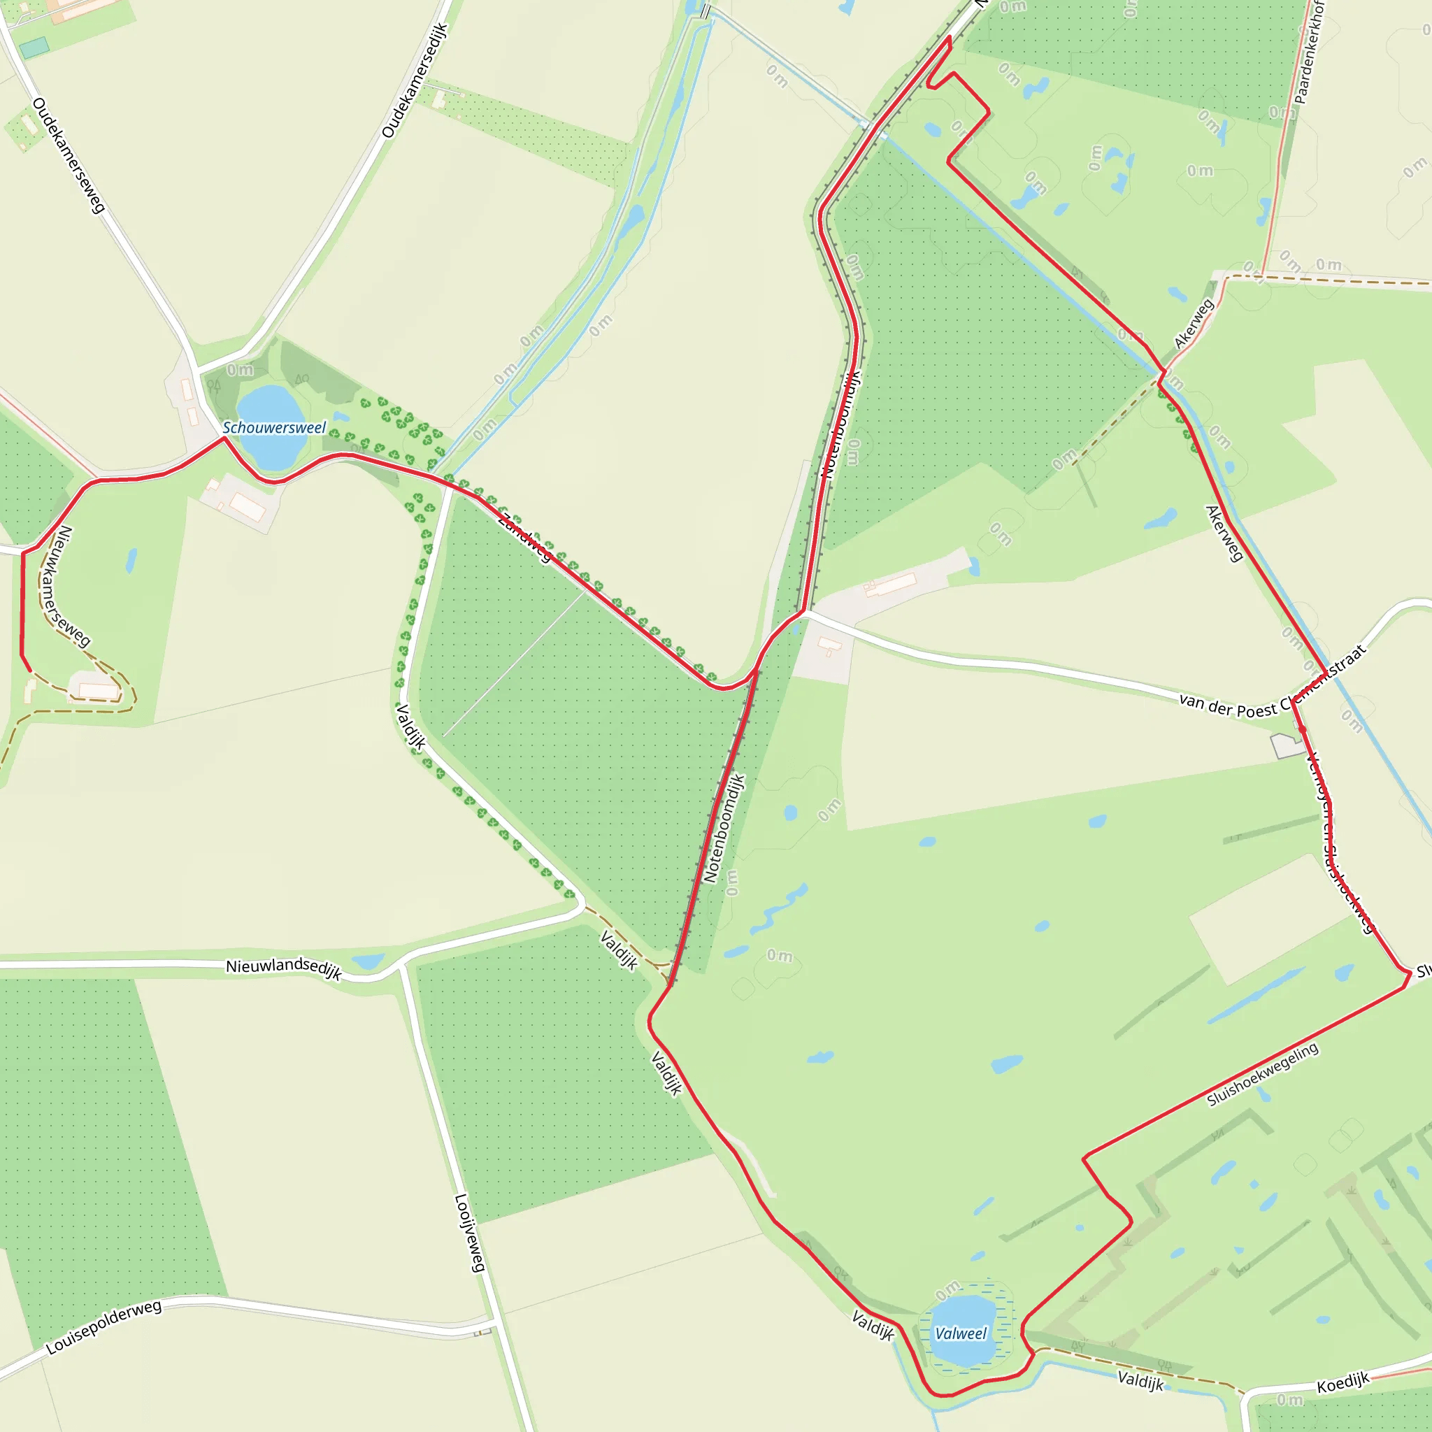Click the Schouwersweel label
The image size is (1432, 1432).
273,428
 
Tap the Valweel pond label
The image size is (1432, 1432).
961,1333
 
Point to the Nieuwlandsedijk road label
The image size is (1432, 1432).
284,968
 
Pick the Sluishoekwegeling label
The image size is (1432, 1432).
1262,1074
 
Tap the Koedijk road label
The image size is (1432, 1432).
1342,1382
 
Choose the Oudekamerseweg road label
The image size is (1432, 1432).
69,156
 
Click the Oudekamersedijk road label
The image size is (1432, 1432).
415,81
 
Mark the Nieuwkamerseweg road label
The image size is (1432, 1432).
72,585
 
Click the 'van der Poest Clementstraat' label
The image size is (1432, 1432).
1272,683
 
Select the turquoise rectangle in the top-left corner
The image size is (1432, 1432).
34,48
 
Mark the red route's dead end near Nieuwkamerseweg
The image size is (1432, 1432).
30,671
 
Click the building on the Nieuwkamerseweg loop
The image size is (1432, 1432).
99,691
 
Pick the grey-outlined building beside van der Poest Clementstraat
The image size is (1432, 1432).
1287,745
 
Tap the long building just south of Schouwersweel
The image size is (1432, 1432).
248,507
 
